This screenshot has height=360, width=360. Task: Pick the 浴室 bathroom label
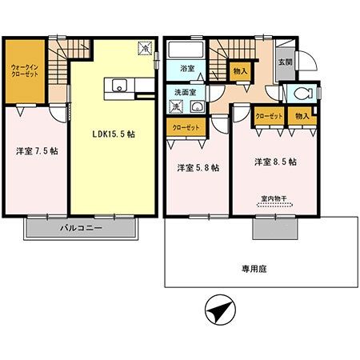click(x=187, y=70)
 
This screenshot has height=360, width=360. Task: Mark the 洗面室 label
click(x=182, y=92)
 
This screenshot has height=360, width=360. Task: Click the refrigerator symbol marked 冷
click(x=144, y=49)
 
